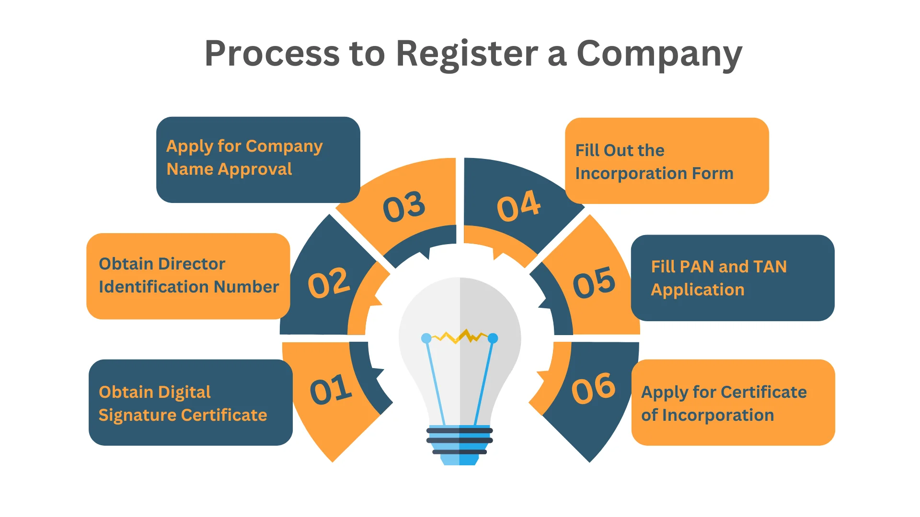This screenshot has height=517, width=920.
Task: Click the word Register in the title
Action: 467,54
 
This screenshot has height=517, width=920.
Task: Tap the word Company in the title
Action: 659,54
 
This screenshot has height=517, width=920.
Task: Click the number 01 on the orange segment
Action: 331,389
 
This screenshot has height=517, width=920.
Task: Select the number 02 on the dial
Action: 329,283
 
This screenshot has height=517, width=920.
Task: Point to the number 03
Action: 404,207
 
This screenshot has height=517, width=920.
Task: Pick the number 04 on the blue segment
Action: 519,206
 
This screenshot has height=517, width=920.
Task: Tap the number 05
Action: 594,282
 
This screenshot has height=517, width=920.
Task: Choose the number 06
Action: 593,388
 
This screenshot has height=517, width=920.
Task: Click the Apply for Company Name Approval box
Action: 258,159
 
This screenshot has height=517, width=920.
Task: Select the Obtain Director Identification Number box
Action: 188,276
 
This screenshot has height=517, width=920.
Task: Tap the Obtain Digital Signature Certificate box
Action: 190,403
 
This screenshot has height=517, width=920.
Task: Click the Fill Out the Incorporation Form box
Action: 667,161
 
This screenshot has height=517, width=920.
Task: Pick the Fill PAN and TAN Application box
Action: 732,278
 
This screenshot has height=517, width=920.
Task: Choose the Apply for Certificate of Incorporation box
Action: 733,403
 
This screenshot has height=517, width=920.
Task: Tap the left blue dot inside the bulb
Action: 426,338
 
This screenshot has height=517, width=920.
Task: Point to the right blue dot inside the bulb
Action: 493,338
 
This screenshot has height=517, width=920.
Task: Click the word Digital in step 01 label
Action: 184,393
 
